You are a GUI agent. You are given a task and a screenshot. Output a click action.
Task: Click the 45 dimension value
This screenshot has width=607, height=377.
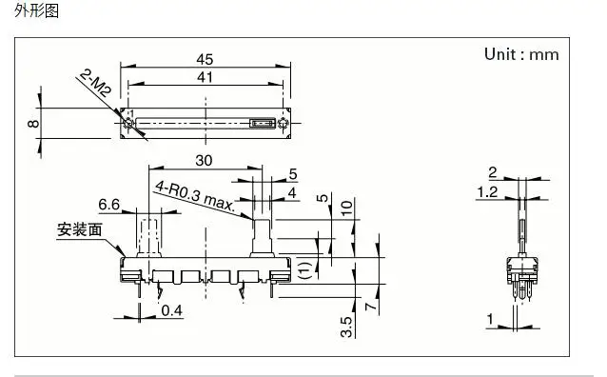[205, 59]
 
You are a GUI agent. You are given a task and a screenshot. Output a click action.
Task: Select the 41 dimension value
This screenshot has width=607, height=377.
[205, 77]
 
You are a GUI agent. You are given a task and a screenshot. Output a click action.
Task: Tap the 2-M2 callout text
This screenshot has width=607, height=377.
[95, 83]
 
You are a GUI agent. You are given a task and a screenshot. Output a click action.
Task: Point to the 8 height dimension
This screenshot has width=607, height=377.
[33, 123]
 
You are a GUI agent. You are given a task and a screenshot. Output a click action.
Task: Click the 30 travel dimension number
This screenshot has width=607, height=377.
[204, 160]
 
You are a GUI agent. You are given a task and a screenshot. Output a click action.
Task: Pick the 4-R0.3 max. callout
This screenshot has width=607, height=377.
[195, 195]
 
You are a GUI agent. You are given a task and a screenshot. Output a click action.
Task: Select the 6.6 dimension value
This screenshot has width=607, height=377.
[109, 204]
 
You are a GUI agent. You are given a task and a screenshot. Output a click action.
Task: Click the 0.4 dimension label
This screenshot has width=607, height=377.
[171, 310]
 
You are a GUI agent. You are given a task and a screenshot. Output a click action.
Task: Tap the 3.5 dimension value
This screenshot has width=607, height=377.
[347, 327]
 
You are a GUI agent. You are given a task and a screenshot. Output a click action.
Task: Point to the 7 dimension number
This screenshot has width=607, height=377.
[370, 307]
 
